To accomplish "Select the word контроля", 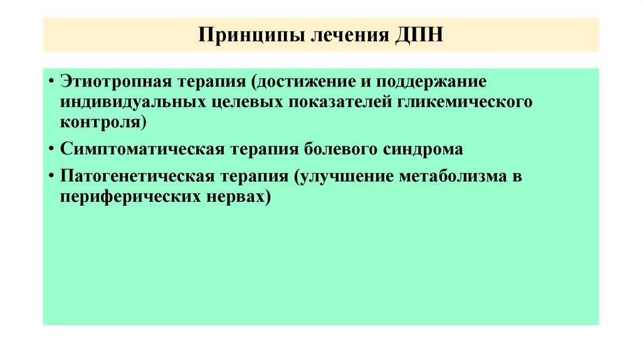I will click(x=103, y=121).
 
